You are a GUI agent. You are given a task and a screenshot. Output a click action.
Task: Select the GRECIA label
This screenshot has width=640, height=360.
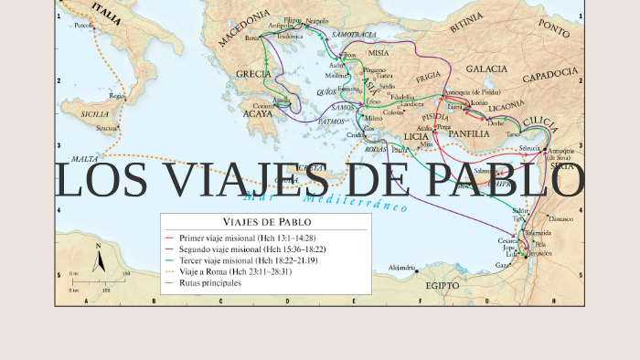(253, 73)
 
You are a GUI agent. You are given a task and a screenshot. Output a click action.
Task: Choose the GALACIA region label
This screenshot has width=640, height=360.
(486, 69)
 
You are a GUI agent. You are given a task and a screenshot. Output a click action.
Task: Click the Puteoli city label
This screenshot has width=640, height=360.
(84, 26)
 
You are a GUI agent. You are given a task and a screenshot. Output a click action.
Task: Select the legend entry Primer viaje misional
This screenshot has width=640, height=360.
(247, 237)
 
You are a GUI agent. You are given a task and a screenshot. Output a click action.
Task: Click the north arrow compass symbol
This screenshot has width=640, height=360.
(99, 259)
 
